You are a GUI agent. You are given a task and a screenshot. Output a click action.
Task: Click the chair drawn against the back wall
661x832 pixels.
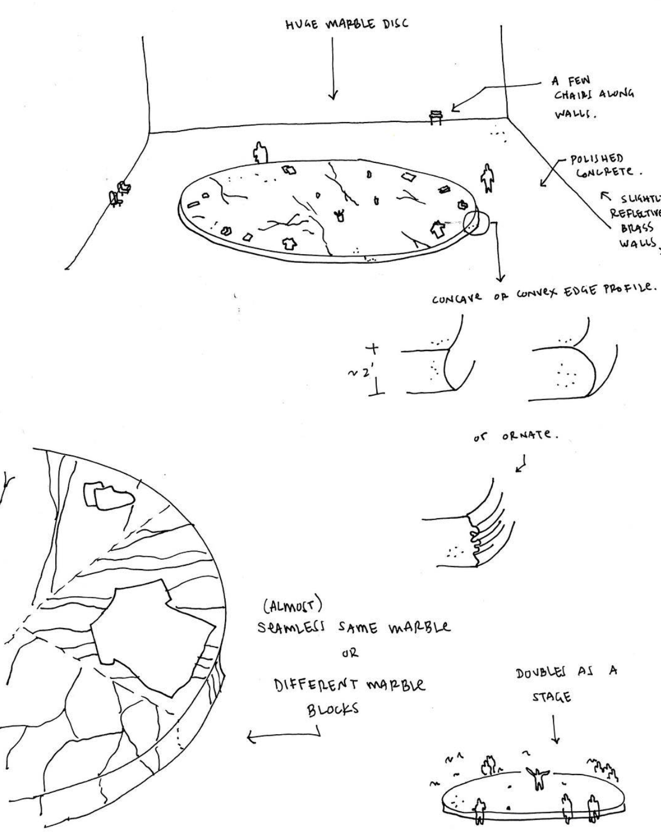[x=436, y=116]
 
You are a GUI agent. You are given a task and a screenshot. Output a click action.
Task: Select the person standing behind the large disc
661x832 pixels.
[x=261, y=152]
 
